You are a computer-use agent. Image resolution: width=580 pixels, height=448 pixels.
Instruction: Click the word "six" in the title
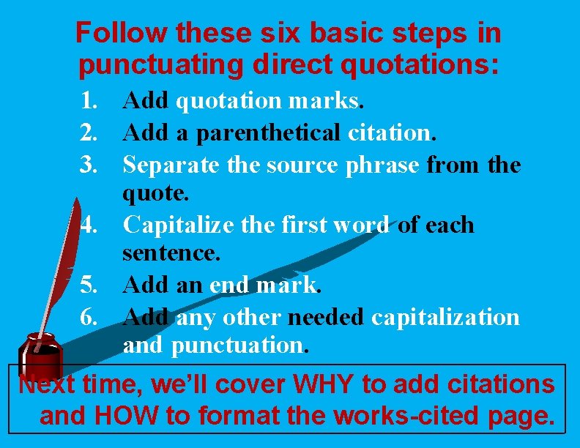tap(286, 33)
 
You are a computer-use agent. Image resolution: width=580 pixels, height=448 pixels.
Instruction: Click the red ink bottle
tap(40, 354)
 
